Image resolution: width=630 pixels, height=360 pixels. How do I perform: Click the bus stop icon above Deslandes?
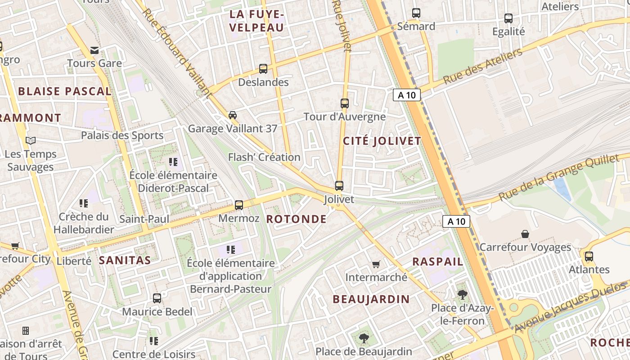[263, 69]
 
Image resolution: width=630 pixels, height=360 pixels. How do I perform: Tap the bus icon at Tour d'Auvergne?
[345, 103]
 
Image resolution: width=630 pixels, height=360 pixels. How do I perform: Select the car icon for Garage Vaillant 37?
[232, 115]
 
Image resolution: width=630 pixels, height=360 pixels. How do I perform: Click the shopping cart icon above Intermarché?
[376, 264]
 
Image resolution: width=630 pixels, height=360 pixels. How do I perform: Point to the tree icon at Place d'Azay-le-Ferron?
[462, 295]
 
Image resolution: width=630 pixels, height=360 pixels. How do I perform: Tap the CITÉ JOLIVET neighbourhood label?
[382, 141]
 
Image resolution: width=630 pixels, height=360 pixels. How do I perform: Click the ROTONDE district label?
[296, 219]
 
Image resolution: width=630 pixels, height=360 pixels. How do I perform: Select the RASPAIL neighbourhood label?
[437, 261]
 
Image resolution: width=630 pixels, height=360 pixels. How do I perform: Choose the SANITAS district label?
[125, 260]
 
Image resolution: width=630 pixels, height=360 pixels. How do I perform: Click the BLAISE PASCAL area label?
[65, 91]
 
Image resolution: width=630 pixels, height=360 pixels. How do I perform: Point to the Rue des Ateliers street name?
[482, 66]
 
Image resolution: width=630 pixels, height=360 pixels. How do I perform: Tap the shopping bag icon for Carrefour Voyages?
[525, 234]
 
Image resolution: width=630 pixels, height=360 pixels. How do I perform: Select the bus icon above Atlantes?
[589, 256]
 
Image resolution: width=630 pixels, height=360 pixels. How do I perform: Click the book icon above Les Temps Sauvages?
[31, 141]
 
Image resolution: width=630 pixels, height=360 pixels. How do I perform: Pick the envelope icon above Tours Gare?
[94, 50]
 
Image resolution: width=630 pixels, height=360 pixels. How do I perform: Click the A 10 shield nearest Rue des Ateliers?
[407, 95]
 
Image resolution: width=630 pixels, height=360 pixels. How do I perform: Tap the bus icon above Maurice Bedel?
[157, 298]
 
